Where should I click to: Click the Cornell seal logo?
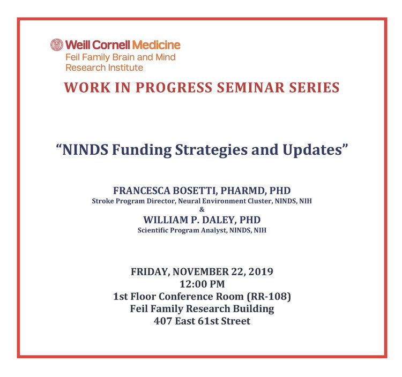point(57,45)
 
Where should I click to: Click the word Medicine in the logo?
point(157,45)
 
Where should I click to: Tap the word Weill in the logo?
point(78,45)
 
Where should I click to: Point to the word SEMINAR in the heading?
point(251,87)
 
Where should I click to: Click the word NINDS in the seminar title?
point(85,149)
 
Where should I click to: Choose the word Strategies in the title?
point(211,150)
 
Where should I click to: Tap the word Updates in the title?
point(312,150)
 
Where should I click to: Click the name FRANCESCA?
point(142,191)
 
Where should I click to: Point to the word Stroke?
point(103,201)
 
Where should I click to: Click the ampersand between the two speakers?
point(202,209)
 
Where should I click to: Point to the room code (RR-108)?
point(269,297)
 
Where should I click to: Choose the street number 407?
point(163,321)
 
